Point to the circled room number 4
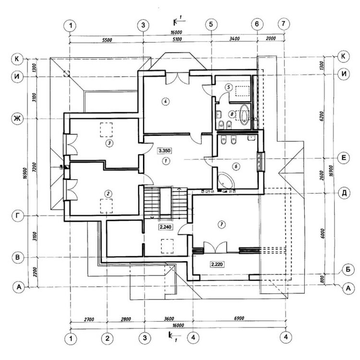[x=165, y=101]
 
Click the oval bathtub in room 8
[x=244, y=116]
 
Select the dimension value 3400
[x=234, y=41]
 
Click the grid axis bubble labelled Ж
[x=18, y=119]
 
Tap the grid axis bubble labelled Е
[x=343, y=157]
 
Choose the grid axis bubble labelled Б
[x=343, y=268]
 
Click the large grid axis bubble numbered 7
[x=284, y=24]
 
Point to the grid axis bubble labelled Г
[x=18, y=216]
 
